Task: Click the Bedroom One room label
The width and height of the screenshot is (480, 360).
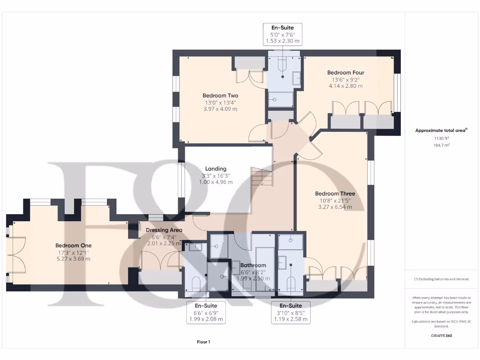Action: click(74, 245)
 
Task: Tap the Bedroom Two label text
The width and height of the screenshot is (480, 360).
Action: click(220, 96)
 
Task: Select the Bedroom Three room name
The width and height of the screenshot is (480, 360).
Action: click(335, 194)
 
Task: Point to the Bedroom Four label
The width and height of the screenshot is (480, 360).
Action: click(345, 73)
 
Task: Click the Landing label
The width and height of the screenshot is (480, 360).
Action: click(216, 169)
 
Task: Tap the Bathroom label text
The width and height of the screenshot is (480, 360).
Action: click(253, 265)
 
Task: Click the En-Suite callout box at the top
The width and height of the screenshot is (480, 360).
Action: click(283, 34)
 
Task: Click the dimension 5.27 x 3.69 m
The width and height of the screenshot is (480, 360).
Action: click(74, 259)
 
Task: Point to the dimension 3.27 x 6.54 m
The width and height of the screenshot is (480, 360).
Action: click(335, 207)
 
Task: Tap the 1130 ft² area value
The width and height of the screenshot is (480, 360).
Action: click(441, 138)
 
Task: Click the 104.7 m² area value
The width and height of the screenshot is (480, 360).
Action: click(441, 145)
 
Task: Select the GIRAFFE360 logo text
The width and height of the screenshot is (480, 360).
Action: click(441, 336)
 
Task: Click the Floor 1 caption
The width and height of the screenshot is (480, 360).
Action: click(203, 342)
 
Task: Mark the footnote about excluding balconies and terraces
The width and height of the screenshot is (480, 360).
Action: click(441, 279)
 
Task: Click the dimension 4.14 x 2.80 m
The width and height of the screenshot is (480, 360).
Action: click(345, 86)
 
